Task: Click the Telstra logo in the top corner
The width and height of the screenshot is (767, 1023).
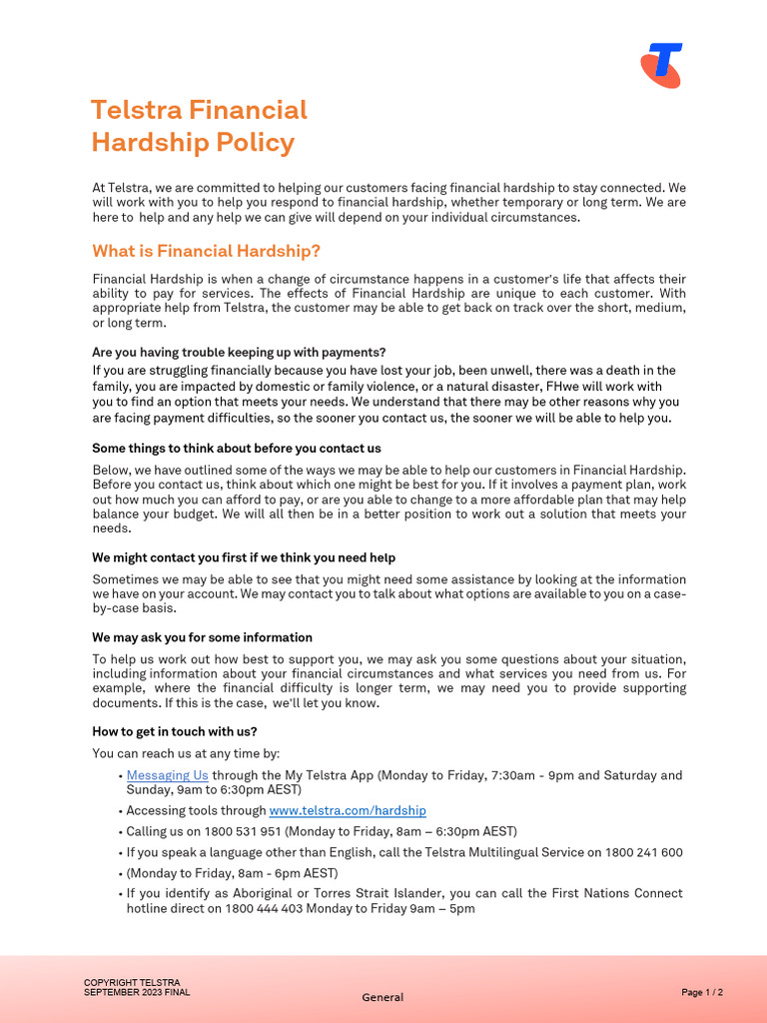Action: click(661, 66)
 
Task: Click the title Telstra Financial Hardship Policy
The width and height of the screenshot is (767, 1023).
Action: click(199, 126)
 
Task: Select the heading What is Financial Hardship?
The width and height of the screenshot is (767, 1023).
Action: click(206, 251)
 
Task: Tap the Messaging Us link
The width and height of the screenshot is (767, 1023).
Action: click(167, 775)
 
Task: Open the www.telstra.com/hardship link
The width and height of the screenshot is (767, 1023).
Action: click(348, 811)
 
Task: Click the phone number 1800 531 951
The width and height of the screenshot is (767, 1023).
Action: click(245, 832)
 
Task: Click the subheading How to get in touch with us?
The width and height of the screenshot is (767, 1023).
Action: click(175, 731)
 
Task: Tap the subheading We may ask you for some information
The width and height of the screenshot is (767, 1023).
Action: click(202, 637)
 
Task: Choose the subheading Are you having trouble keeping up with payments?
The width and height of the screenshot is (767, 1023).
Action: click(239, 352)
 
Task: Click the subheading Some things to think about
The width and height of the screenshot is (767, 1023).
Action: click(236, 449)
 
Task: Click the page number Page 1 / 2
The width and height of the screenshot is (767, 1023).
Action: click(702, 992)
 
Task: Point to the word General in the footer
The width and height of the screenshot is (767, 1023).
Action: click(383, 997)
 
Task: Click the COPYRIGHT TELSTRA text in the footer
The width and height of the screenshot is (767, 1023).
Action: click(132, 983)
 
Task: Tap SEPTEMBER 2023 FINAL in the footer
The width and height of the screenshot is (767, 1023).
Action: click(137, 992)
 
